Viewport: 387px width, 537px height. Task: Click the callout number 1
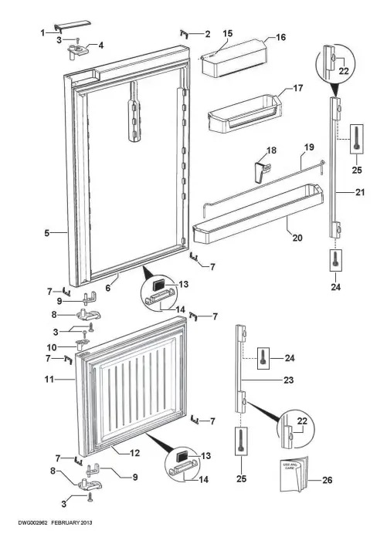point(42,32)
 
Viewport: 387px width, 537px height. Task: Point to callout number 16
point(280,37)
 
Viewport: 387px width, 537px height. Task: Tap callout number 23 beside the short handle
point(267,380)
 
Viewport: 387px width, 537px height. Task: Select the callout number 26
point(328,481)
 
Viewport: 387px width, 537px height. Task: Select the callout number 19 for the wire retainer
point(307,147)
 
